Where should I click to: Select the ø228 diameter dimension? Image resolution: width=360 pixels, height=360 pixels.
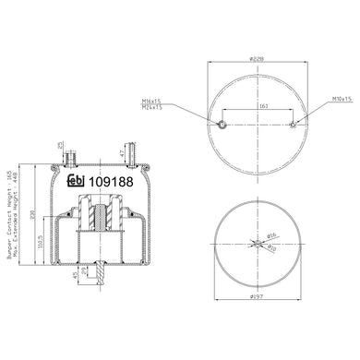258,59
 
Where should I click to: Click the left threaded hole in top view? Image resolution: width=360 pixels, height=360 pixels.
222,126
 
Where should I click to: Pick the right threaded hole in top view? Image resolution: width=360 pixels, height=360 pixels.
294,126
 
